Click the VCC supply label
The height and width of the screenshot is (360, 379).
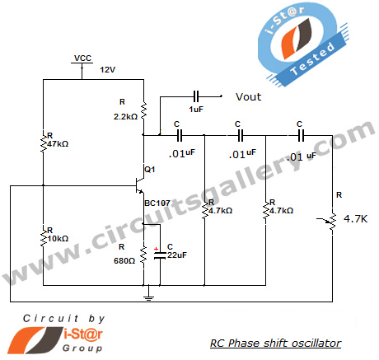82,58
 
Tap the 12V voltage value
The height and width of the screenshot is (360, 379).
108,70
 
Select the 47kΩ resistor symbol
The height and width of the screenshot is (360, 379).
43,143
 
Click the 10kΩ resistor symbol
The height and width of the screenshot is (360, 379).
43,237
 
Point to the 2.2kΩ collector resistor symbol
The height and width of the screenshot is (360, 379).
143,111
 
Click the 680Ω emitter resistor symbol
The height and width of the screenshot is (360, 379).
143,255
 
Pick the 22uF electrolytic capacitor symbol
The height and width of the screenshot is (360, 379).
160,255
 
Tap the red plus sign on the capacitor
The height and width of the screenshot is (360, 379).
156,249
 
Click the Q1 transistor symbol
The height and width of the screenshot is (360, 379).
140,186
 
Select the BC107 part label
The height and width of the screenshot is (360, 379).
157,203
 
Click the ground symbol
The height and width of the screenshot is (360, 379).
148,297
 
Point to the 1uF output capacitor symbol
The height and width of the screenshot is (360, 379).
196,96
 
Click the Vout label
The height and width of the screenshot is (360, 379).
249,97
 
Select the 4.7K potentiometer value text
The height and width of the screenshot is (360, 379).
355,219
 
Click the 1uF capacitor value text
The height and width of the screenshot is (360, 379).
196,110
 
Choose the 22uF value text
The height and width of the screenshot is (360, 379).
177,255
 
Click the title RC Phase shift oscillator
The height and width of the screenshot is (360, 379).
276,344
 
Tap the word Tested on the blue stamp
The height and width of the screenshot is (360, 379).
313,59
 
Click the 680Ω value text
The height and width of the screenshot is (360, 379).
124,261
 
